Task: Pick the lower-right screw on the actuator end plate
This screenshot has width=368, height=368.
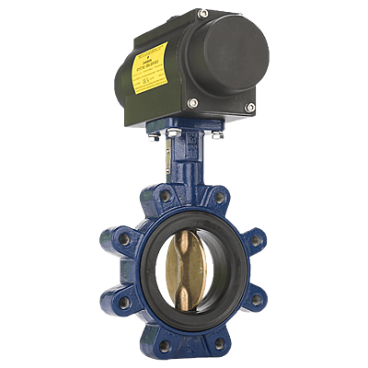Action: pos(250,109)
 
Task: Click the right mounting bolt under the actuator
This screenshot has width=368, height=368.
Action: pos(218,136)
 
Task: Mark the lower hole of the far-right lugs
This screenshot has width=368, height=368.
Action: pos(259,299)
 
